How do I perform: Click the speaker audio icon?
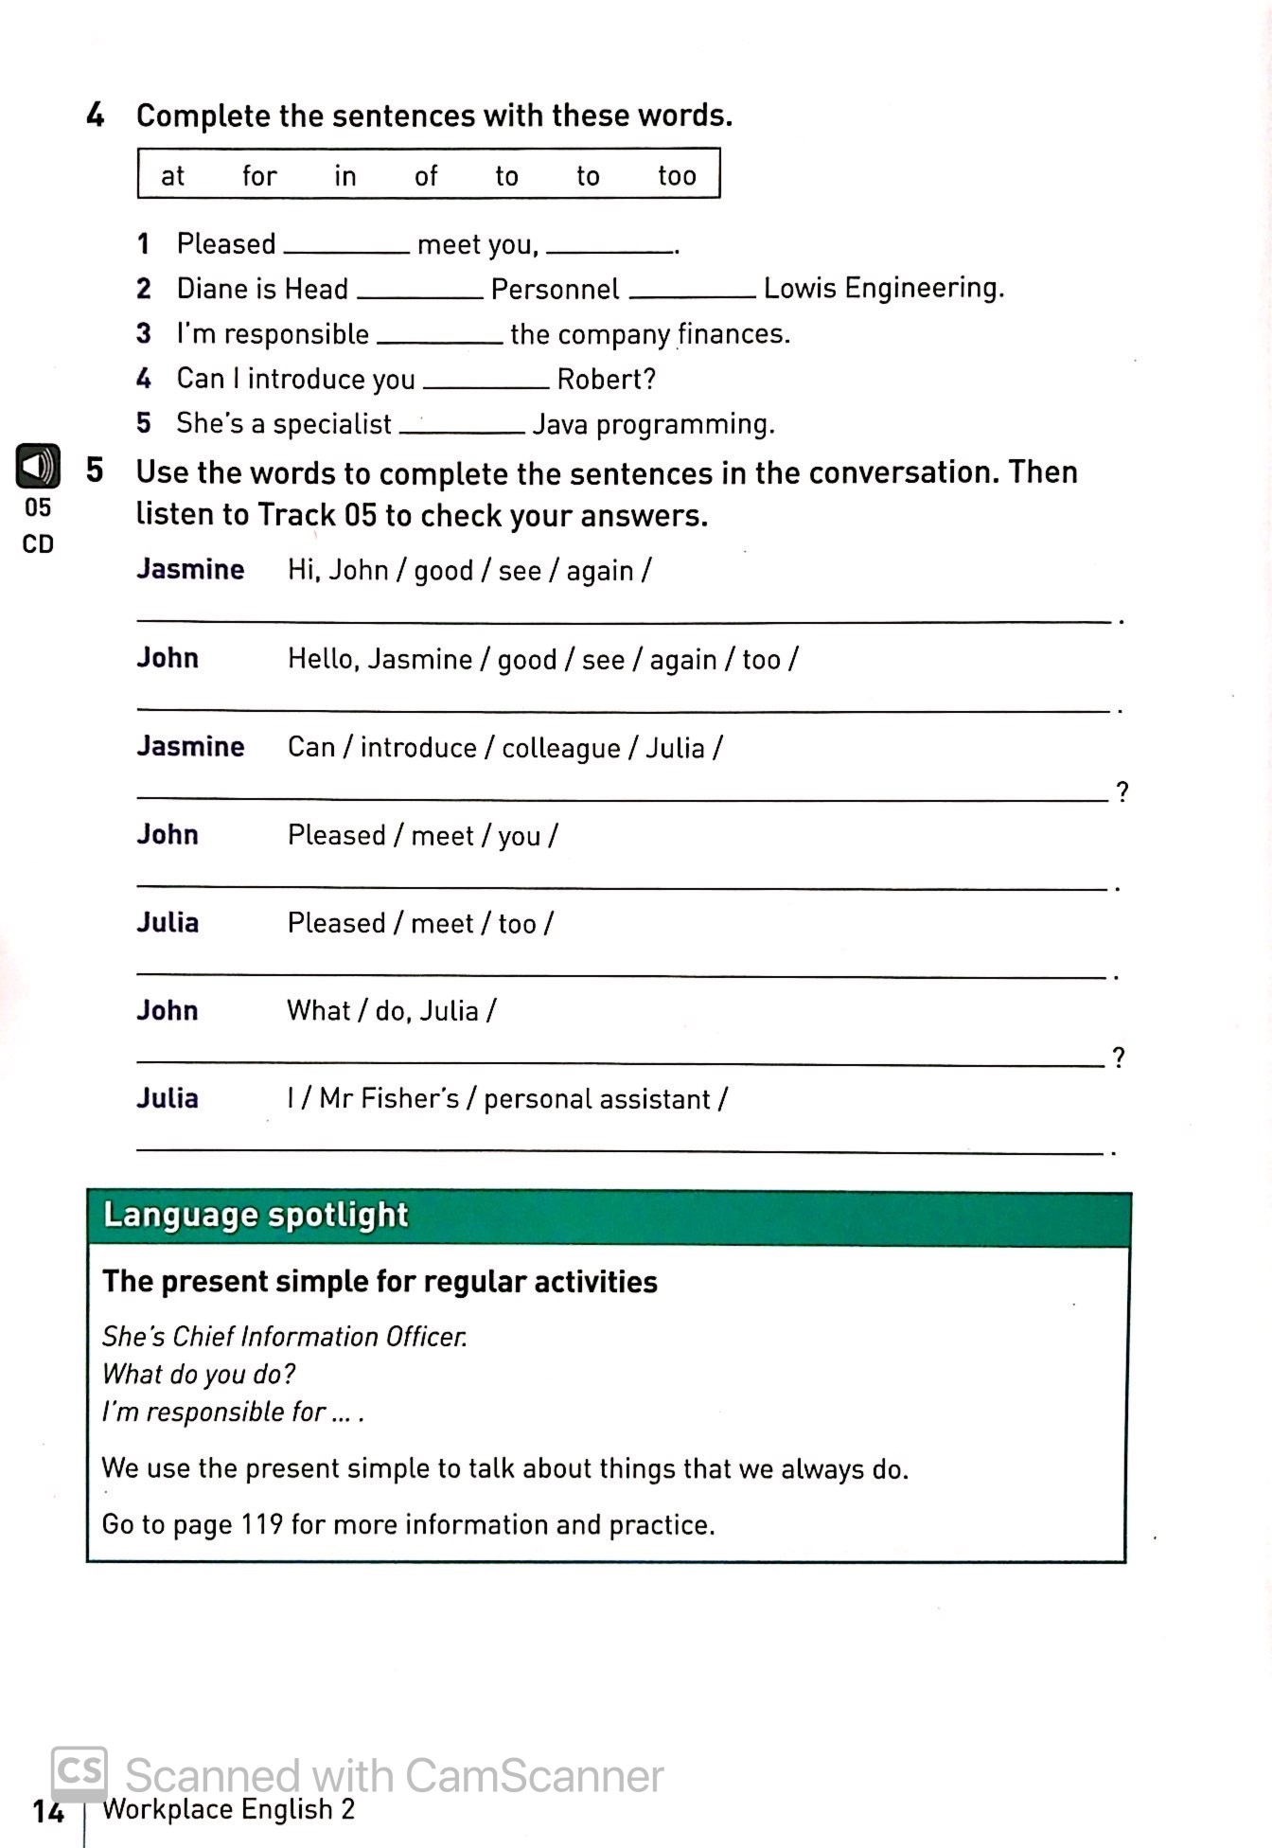(38, 466)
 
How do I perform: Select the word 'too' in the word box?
(677, 175)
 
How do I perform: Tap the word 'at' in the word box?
(172, 175)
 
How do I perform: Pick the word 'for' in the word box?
(259, 175)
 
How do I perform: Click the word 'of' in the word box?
(426, 175)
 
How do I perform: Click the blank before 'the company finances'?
(440, 338)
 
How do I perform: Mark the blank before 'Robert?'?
(486, 383)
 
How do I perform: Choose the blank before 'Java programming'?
(463, 428)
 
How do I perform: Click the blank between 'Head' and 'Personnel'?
(420, 293)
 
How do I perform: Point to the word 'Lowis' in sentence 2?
(800, 288)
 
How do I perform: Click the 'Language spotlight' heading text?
(256, 1215)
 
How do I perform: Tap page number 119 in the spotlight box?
(262, 1524)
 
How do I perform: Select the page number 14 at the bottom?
(47, 1811)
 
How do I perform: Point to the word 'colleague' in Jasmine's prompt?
(560, 748)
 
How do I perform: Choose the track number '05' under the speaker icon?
(38, 508)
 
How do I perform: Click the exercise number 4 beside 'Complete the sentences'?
(96, 115)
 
